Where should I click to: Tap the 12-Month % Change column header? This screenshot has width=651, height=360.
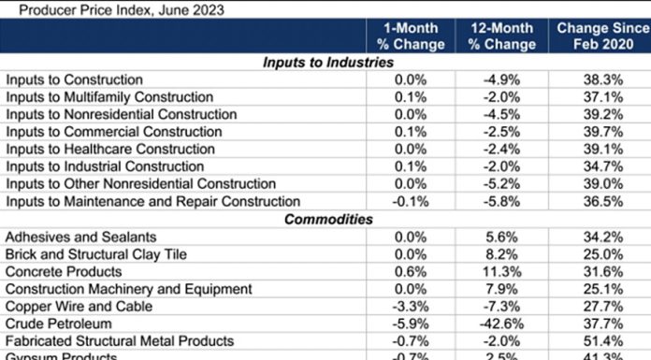tap(501, 36)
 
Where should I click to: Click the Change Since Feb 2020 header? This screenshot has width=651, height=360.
tap(596, 36)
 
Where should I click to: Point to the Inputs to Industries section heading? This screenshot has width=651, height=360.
tap(327, 63)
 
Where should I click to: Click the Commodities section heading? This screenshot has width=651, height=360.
tap(327, 220)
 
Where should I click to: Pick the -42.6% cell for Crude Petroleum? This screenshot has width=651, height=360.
tap(501, 324)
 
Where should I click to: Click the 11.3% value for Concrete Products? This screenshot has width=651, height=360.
tap(501, 271)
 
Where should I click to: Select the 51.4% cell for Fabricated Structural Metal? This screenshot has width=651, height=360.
tap(596, 341)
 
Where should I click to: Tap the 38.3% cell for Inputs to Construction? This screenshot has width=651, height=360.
tap(596, 79)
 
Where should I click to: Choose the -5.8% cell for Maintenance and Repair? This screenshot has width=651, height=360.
tap(501, 201)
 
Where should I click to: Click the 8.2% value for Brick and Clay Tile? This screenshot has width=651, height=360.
tap(501, 254)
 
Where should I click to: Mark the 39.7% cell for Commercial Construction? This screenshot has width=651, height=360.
tap(596, 132)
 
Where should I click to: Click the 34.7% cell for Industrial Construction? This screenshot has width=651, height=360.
tap(596, 166)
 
